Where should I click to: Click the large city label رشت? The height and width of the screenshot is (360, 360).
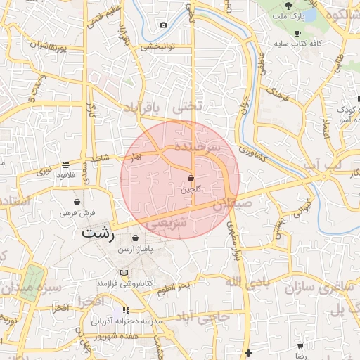[98, 232]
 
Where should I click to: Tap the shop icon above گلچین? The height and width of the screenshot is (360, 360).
[191, 178]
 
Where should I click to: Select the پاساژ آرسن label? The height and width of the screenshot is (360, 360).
[135, 250]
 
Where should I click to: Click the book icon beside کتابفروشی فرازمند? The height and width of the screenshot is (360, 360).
[124, 273]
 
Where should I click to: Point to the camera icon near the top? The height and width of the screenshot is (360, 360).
[164, 25]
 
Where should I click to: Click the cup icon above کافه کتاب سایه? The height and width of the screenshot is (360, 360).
[297, 34]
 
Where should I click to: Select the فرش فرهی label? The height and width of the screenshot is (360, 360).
[77, 212]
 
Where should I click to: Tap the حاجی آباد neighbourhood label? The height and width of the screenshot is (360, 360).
[203, 316]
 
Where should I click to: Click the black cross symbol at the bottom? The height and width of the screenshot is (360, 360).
[247, 353]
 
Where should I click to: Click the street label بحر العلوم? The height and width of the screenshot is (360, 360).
[174, 288]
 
